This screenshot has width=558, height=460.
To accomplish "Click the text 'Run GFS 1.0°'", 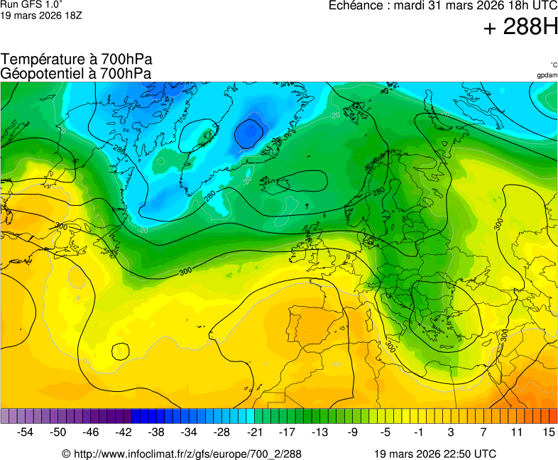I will coord(32,4).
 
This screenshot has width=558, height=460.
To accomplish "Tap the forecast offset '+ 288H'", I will coord(520,27).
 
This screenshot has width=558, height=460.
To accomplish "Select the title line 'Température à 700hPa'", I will coord(77,60).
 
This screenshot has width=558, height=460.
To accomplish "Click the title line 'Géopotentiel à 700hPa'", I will coord(76,73).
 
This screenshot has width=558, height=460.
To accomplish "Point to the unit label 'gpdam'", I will coord(547,75).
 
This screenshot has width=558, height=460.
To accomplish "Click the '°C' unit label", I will coord(553,65).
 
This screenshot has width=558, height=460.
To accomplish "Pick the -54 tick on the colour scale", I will coord(26,432).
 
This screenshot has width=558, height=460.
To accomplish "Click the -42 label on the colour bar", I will coord(124,432).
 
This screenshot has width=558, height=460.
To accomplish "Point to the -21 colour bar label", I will coord(254,432).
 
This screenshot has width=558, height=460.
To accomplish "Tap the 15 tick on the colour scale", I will coord(548,432).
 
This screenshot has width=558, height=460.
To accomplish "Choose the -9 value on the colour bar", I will coord(352,432).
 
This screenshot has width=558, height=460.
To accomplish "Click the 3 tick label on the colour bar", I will coord(451,432).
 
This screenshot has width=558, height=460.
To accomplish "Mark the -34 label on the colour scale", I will coord(189,432).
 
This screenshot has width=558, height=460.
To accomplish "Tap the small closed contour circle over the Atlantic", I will coord(120,351).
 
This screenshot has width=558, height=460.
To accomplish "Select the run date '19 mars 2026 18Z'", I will coord(41,15).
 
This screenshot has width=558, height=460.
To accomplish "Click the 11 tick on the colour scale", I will coord(515,432).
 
